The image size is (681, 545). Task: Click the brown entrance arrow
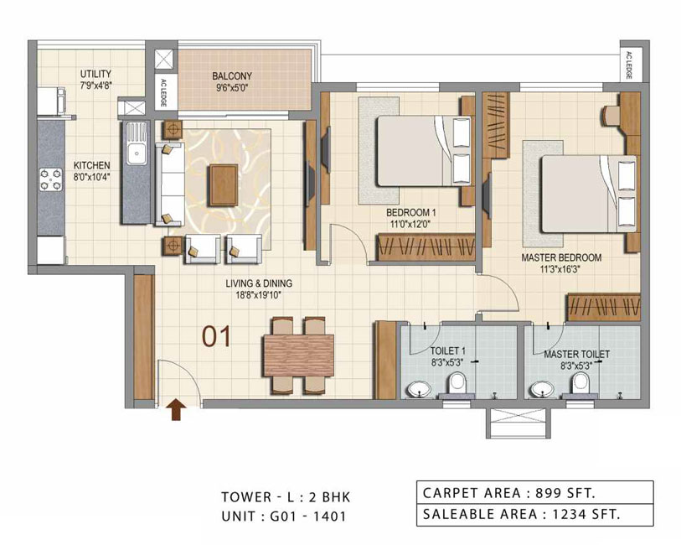[x=176, y=410]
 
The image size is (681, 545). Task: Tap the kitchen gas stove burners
[x=51, y=179]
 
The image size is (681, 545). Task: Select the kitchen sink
[x=137, y=143]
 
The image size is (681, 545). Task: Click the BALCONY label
[x=232, y=76]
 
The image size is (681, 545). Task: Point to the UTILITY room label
[x=95, y=74]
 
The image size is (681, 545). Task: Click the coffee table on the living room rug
[x=224, y=184]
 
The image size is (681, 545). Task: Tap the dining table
[x=299, y=356]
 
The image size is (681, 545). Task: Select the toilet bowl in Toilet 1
[x=457, y=384]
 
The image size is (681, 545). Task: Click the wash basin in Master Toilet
[x=541, y=388]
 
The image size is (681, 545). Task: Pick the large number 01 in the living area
[x=216, y=337]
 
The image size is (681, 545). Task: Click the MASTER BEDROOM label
[x=561, y=257]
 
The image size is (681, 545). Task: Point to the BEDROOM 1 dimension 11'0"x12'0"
[x=411, y=224]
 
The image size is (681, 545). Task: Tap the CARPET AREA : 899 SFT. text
[x=509, y=493]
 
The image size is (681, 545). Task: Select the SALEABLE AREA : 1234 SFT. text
[x=521, y=514]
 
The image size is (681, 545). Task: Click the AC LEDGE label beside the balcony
[x=163, y=92]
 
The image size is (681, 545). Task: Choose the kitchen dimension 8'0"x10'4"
[x=91, y=176]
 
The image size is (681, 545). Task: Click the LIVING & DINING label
[x=259, y=283]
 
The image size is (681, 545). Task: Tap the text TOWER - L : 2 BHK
[x=286, y=496]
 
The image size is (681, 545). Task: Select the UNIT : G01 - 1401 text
[x=284, y=516]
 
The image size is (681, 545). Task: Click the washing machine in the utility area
[x=51, y=101]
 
